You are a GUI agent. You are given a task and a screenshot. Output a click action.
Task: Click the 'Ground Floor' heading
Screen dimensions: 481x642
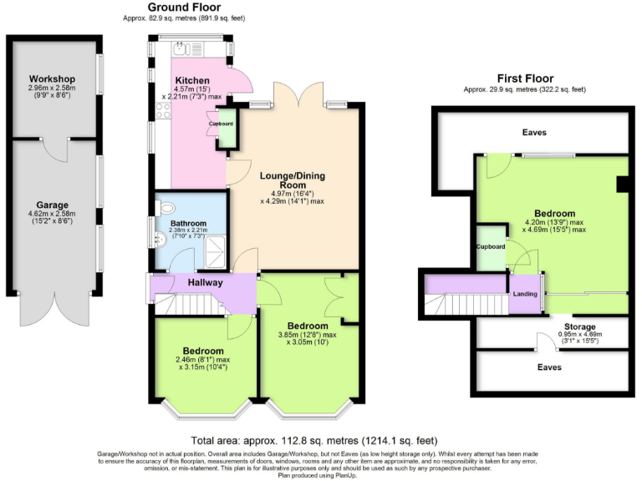tap(185, 7)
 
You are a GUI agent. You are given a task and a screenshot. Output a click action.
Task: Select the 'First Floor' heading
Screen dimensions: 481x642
tap(527, 76)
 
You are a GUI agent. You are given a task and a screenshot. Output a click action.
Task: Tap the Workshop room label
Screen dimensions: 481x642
tap(52, 78)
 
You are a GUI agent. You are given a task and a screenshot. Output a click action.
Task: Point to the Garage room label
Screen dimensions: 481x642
tap(52, 205)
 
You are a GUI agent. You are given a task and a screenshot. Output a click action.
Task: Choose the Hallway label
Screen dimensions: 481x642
tap(206, 283)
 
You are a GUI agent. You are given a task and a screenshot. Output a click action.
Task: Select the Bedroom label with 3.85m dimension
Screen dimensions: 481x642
tap(313, 325)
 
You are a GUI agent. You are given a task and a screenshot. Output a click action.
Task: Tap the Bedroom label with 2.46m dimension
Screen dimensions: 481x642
tap(203, 350)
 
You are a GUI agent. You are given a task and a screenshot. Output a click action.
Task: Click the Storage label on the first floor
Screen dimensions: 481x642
tap(578, 327)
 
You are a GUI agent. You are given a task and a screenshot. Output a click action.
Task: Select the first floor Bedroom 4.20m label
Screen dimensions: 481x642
tap(555, 213)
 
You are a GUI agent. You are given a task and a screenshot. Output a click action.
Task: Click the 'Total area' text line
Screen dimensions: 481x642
tap(314, 440)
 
